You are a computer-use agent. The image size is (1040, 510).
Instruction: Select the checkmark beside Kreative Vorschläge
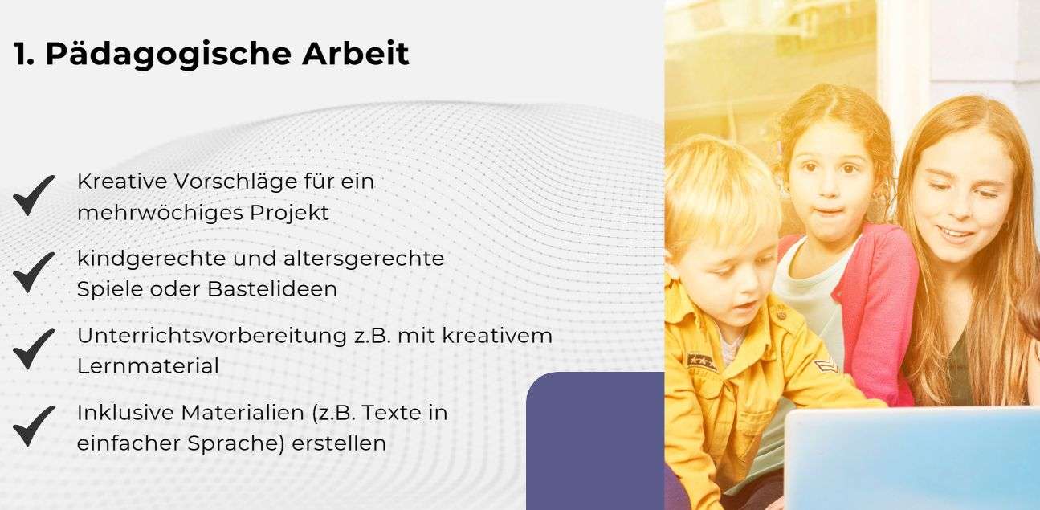tap(34, 195)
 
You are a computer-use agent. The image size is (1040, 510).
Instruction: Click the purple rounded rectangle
tap(594, 442)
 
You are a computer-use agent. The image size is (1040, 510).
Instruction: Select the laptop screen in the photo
tap(912, 458)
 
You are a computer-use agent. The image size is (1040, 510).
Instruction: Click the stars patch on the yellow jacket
tap(701, 361)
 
